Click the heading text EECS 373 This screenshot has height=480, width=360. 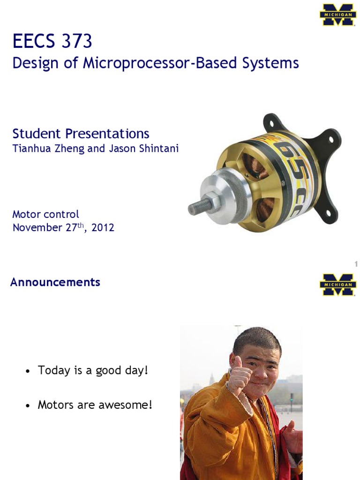pyautogui.click(x=52, y=42)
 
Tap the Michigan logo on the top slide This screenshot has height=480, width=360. pyautogui.click(x=337, y=15)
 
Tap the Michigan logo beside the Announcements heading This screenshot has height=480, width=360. pyautogui.click(x=337, y=285)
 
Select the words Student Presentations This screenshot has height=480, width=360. pyautogui.click(x=81, y=134)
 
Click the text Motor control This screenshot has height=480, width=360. pyautogui.click(x=45, y=214)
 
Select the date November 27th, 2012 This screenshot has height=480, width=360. pyautogui.click(x=63, y=228)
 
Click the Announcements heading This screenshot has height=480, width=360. pyautogui.click(x=55, y=282)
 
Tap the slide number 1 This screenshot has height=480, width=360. pyautogui.click(x=356, y=265)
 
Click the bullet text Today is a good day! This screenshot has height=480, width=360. pyautogui.click(x=93, y=370)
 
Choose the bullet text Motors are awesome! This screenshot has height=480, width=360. pyautogui.click(x=95, y=405)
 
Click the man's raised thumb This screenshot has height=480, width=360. pyautogui.click(x=238, y=363)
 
